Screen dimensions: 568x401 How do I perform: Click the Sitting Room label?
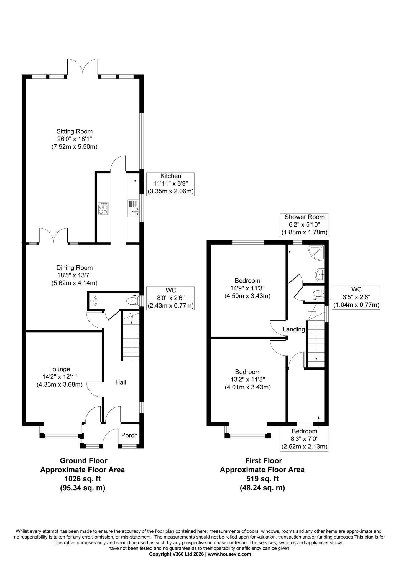74,131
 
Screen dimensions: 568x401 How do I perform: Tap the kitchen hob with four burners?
103,209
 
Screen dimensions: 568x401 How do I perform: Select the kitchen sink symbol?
133,208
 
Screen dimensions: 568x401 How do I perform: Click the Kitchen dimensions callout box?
170,184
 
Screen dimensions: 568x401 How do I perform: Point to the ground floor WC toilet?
132,301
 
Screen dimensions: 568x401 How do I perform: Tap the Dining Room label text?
74,268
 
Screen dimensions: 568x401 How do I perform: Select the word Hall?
121,382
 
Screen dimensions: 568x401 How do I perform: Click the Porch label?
129,435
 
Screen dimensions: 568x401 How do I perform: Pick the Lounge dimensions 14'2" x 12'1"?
59,377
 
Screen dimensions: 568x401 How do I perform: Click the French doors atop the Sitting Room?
83,67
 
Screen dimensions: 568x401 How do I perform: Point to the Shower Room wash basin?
320,275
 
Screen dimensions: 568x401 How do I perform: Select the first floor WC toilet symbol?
318,293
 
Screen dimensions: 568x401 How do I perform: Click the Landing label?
294,329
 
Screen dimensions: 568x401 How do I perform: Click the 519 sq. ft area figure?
262,478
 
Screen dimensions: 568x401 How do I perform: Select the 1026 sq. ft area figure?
82,478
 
